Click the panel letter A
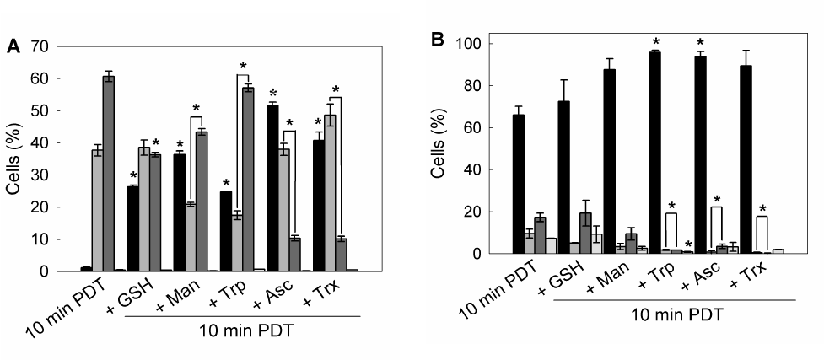click(x=13, y=47)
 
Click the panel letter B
click(x=438, y=40)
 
